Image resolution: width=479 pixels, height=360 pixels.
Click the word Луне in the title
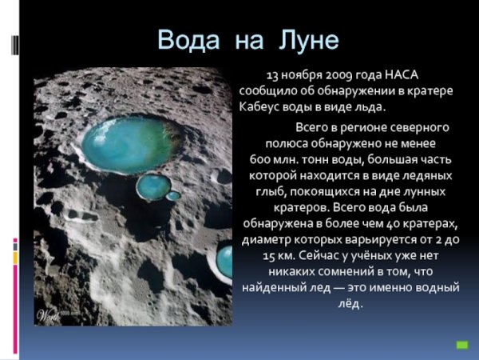pos(310,40)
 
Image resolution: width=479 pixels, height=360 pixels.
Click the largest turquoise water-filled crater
pos(141,143)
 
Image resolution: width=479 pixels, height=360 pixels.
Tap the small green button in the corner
pos(461,345)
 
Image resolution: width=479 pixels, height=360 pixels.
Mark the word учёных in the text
pos(370,256)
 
